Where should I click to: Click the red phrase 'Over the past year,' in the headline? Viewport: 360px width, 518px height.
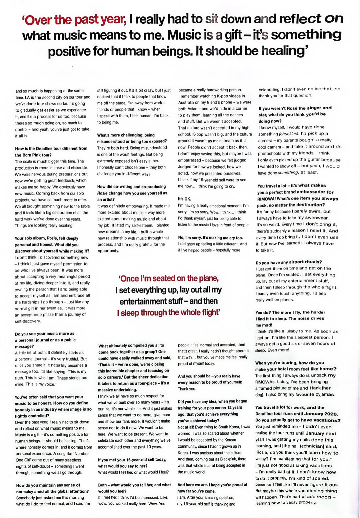74,20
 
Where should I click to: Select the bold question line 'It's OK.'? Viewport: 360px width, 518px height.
185,199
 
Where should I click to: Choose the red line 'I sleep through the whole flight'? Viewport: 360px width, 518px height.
168,313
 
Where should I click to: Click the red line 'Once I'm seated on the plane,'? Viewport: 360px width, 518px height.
169,278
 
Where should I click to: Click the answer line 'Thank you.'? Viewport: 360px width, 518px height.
187,389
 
